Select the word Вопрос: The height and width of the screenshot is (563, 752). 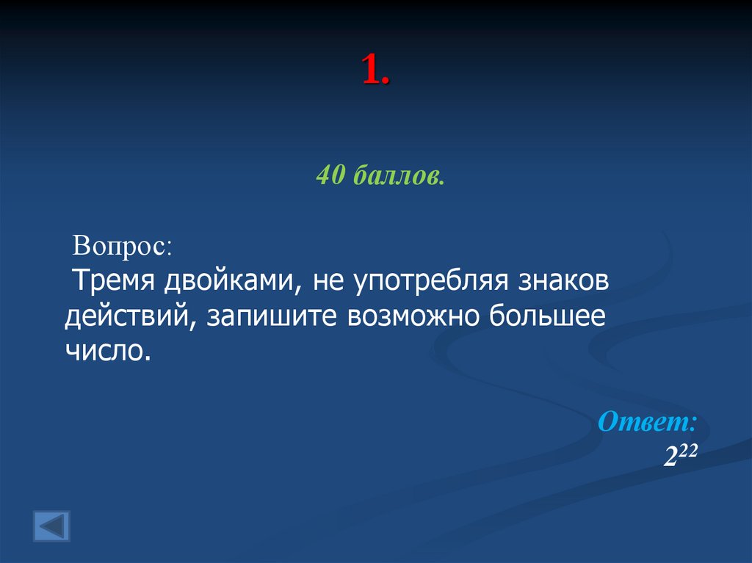point(123,245)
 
